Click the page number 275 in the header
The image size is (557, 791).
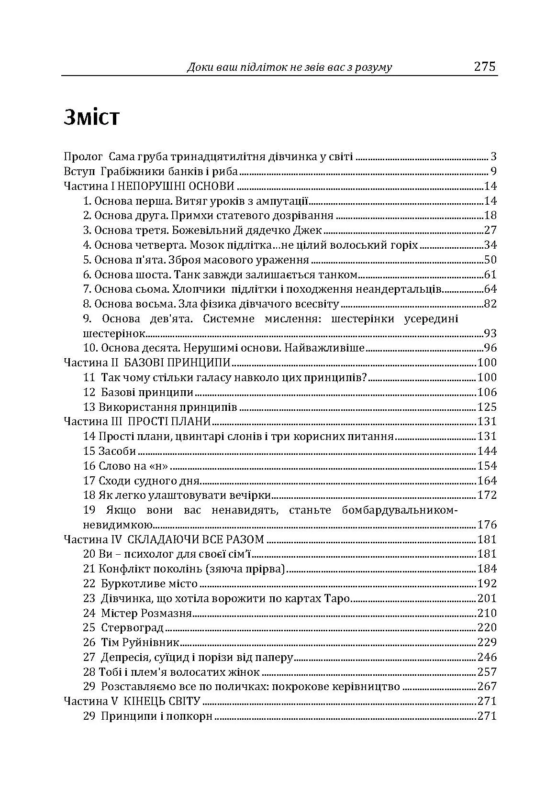pos(485,66)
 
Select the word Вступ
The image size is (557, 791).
pos(79,172)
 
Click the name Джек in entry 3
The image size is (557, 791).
pos(309,231)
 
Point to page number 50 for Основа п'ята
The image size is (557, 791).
pos(490,260)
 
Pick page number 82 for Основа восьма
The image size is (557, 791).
pos(490,304)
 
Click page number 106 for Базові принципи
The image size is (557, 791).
pos(487,393)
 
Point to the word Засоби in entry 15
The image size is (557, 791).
pos(117,451)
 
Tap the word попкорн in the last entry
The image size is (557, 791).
pos(191,716)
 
